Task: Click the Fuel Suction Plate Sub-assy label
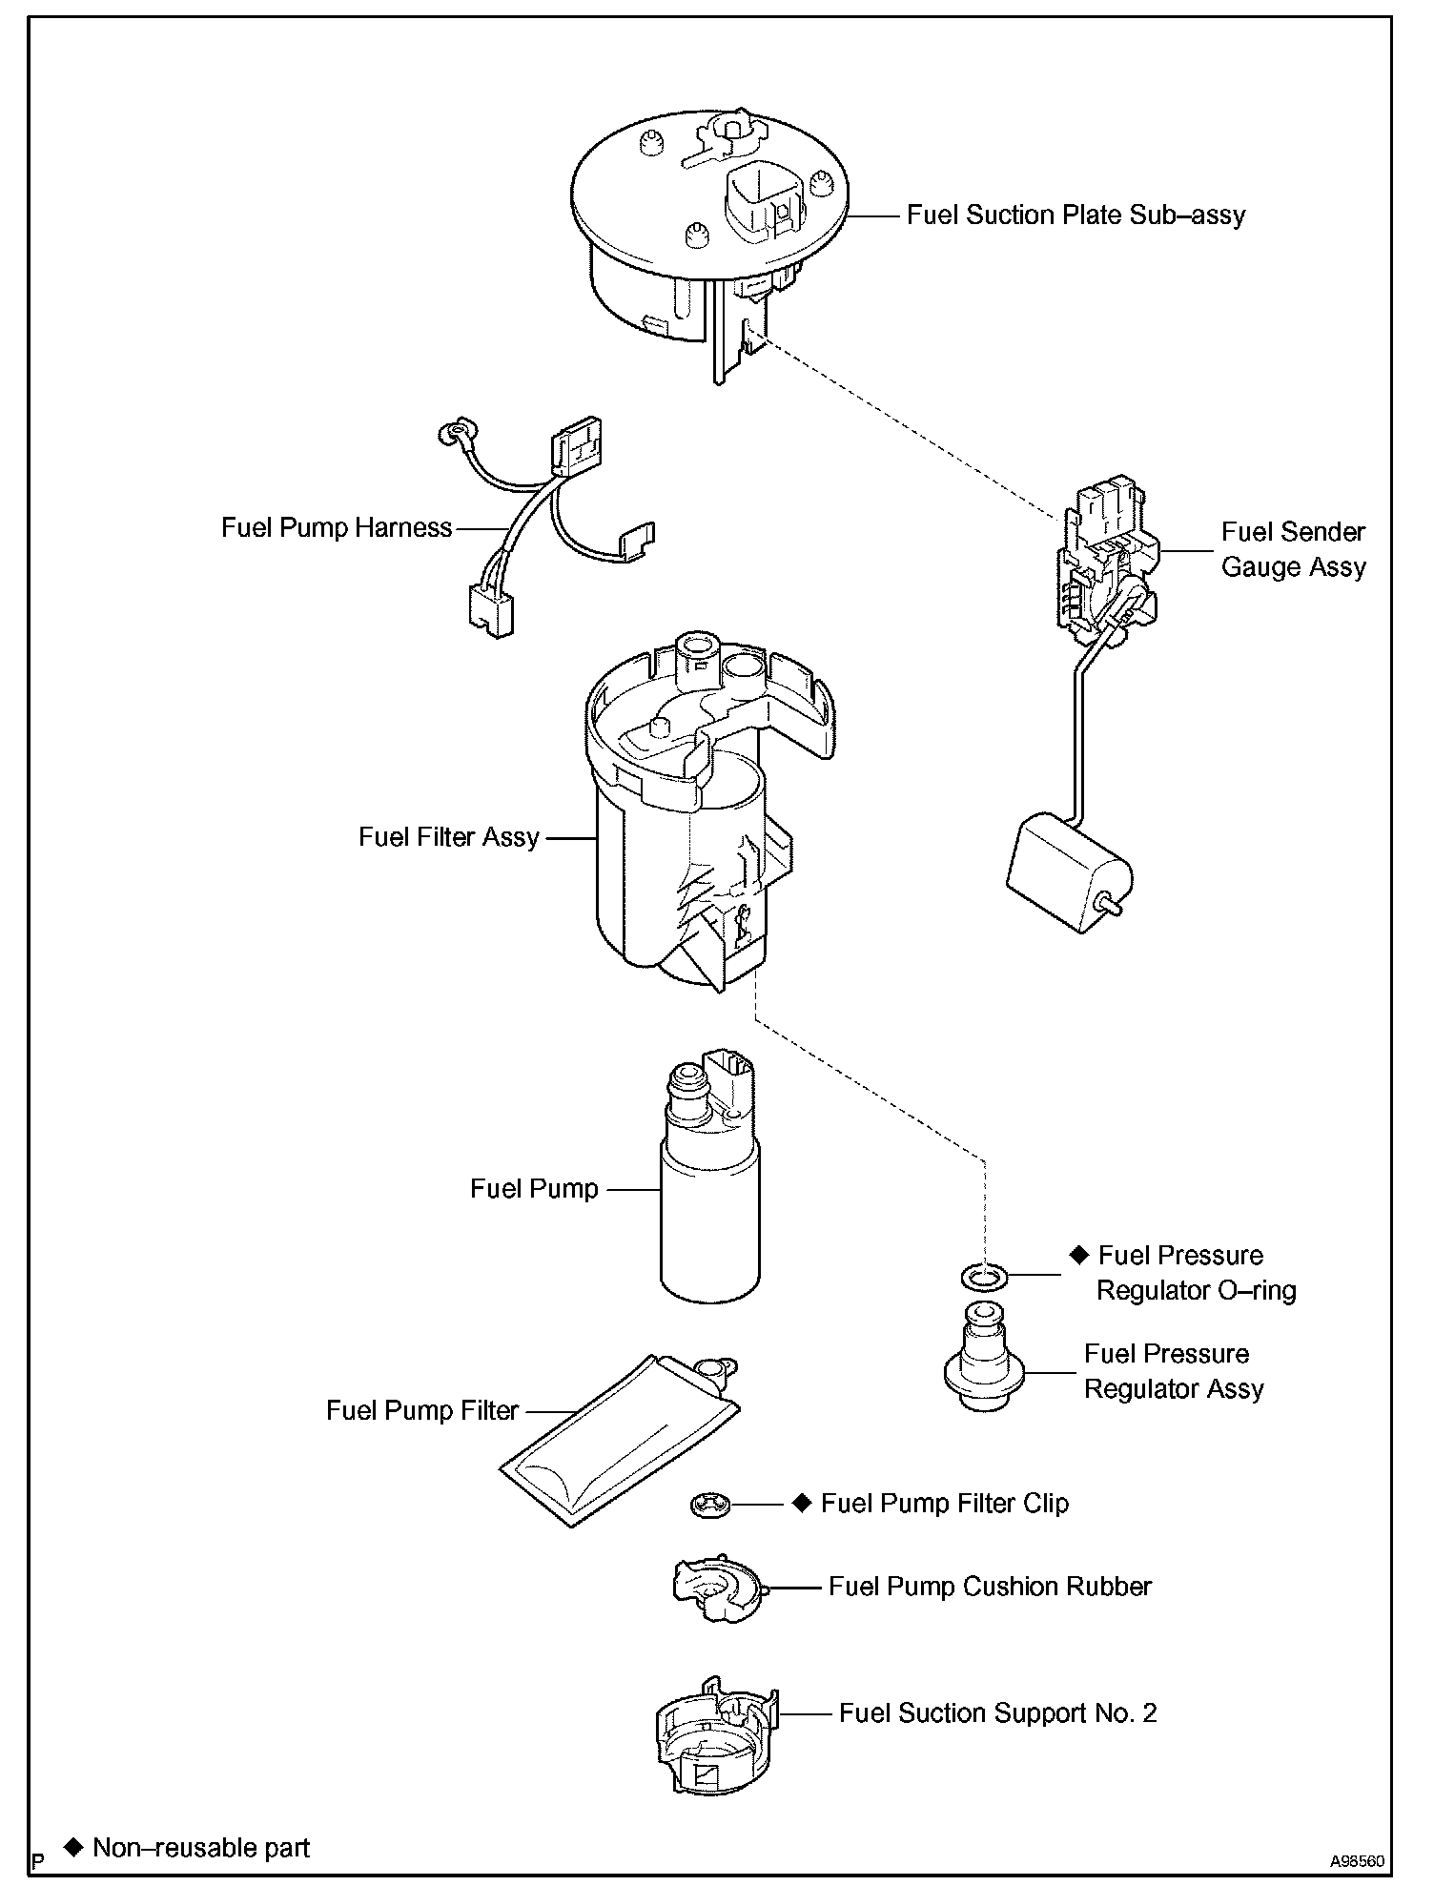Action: [1075, 215]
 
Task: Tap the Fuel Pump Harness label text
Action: [336, 528]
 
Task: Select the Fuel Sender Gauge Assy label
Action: [1293, 549]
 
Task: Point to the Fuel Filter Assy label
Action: [448, 837]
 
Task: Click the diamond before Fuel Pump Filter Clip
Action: [801, 1504]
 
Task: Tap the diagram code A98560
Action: [1358, 1860]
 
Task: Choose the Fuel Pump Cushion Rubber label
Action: [990, 1587]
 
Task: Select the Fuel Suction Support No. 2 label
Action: [997, 1713]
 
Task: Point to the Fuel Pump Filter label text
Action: [421, 1411]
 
